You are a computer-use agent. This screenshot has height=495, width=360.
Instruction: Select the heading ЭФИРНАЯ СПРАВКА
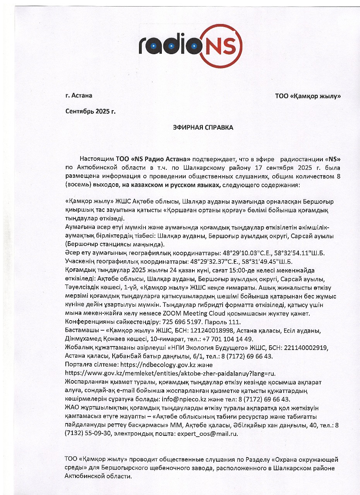[203, 127]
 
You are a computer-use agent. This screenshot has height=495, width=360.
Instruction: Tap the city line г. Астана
[79, 96]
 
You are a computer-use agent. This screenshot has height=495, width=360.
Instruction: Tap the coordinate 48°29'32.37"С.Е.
[214, 261]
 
